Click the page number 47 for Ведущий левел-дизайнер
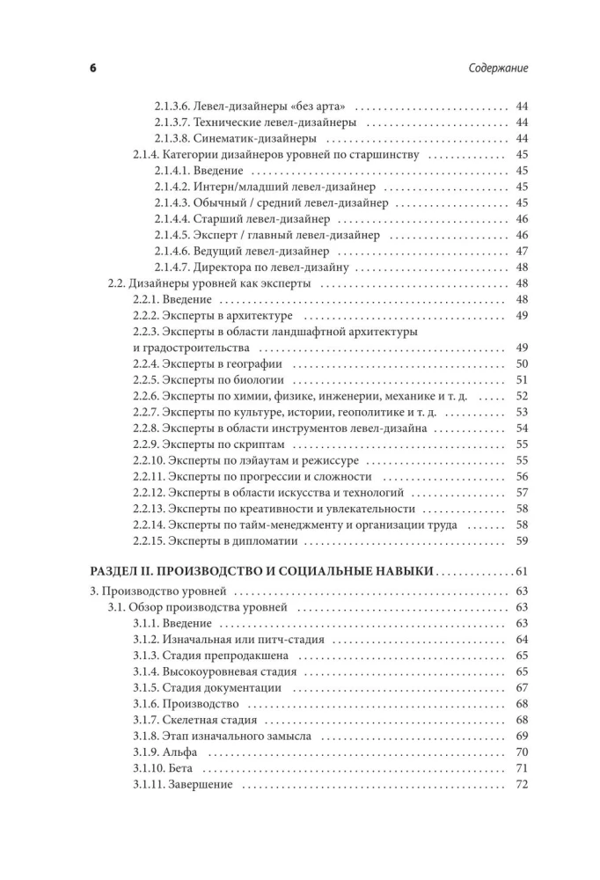point(521,251)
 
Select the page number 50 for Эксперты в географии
point(521,364)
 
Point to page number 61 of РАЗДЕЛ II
point(520,571)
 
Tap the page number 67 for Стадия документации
point(521,687)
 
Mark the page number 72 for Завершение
point(521,784)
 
